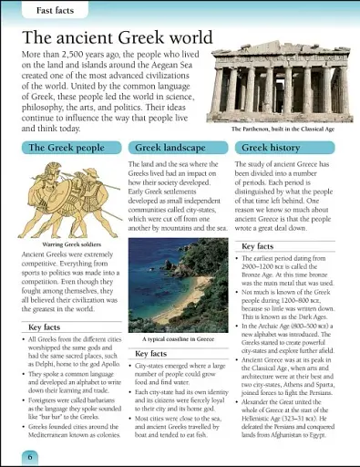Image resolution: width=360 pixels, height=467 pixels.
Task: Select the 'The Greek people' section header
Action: tap(66, 147)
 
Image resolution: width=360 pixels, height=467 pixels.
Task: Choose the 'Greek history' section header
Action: tap(271, 147)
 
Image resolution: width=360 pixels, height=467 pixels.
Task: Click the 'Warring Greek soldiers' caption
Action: tap(58, 244)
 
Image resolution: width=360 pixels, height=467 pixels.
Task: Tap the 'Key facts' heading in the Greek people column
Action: tap(47, 326)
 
